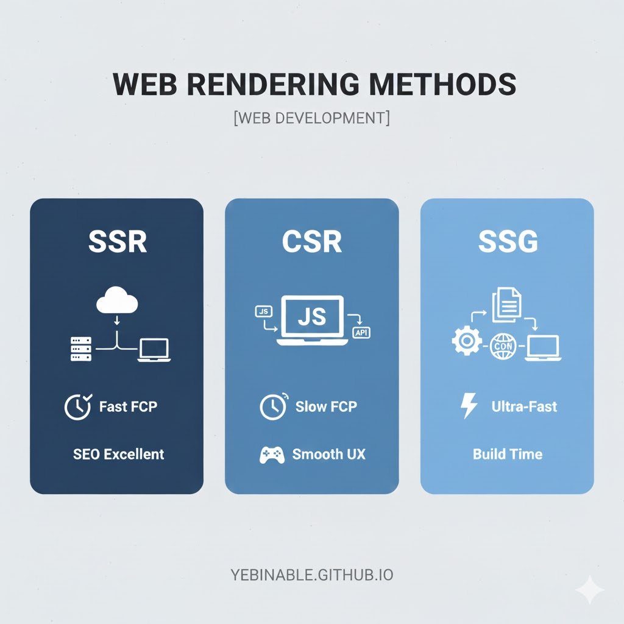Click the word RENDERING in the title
274,84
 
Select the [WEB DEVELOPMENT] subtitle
311,118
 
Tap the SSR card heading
118,241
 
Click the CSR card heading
312,241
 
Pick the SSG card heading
508,241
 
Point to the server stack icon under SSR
81,349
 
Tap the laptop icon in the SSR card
154,350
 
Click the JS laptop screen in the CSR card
313,317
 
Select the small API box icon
361,333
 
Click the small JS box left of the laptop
263,311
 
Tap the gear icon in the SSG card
466,341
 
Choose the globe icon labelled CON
503,346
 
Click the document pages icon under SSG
506,305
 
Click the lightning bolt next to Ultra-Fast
469,406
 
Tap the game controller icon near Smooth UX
272,455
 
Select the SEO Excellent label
119,454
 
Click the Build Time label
508,454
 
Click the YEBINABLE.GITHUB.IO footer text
312,575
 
